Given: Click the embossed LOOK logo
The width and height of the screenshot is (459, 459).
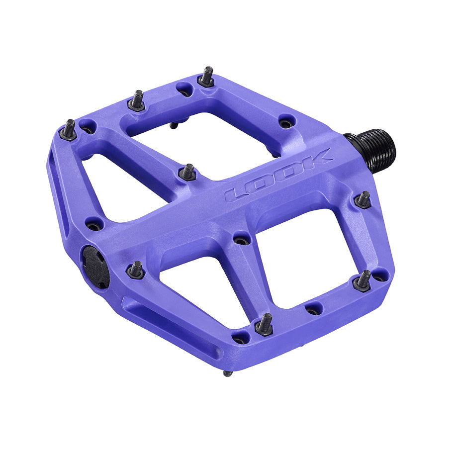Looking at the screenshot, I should click(278, 174).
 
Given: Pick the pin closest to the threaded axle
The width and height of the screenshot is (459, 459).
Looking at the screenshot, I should click(364, 200).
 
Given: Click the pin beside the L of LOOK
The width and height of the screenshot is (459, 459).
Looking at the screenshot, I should click(187, 173).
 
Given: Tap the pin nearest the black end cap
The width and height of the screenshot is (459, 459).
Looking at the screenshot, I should click(136, 270).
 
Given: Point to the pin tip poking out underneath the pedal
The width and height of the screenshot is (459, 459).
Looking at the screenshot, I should click(227, 373).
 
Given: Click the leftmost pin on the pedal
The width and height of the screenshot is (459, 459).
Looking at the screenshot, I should click(68, 130).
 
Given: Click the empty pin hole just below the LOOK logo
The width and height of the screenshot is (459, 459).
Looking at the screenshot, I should click(242, 240).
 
